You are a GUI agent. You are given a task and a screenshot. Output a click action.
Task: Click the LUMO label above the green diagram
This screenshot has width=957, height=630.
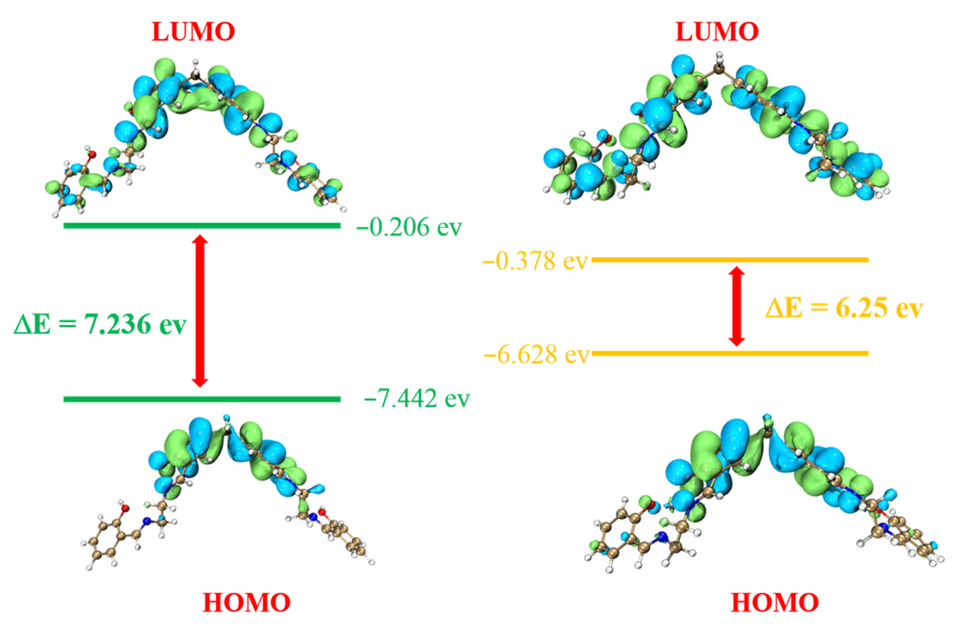tap(193, 32)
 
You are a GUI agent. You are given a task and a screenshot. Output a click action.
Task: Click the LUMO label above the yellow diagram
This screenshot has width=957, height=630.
tap(717, 32)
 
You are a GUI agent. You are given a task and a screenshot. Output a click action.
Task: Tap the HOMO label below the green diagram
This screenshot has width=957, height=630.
tap(247, 602)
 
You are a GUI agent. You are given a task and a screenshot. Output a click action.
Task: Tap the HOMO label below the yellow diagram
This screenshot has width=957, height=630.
tap(775, 602)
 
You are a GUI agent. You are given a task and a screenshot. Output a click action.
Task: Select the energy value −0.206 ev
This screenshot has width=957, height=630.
tap(409, 227)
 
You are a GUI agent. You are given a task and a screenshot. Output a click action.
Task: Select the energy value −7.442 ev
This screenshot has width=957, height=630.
tap(417, 398)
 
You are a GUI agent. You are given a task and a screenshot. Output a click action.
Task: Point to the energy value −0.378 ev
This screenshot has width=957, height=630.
tap(535, 261)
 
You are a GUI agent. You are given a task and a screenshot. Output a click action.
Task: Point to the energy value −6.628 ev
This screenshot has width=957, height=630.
tap(536, 355)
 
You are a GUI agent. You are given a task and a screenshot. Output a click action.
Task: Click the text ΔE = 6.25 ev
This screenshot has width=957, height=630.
tap(844, 308)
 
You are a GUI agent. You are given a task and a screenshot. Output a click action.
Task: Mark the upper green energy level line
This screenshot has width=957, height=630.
tap(202, 225)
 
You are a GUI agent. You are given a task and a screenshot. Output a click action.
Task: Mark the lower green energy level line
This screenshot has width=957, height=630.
tap(202, 399)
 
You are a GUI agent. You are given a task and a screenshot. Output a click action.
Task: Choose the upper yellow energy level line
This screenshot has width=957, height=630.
tap(730, 260)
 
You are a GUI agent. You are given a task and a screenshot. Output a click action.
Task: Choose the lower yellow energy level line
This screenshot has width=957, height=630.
tap(730, 353)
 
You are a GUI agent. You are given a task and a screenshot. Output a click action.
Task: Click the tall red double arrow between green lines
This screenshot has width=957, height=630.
tap(200, 311)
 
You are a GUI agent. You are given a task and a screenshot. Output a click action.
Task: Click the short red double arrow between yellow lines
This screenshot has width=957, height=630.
tap(737, 306)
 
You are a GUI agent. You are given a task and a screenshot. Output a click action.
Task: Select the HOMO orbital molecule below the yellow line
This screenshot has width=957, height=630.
tap(763, 491)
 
